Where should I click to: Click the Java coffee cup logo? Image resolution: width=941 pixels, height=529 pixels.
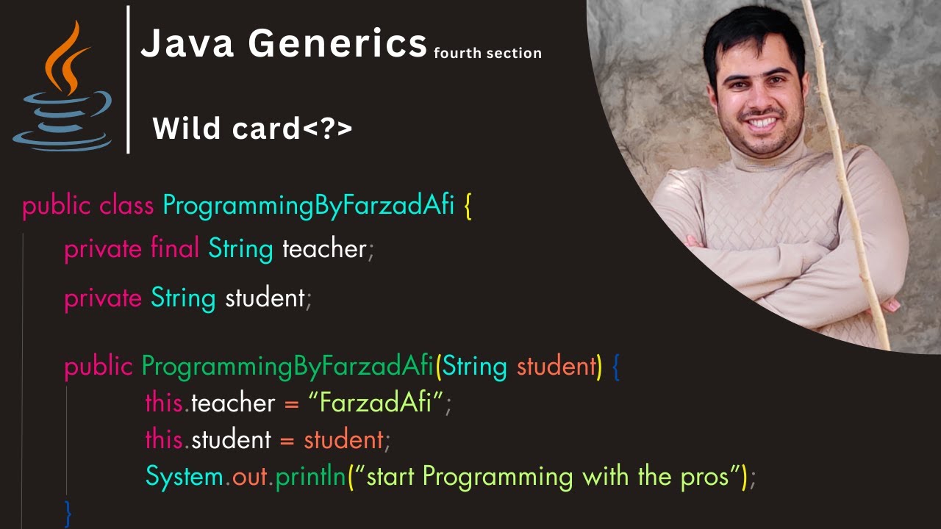62,88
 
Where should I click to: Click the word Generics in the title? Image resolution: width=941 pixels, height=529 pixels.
337,44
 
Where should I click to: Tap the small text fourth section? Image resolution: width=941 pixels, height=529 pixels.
487,53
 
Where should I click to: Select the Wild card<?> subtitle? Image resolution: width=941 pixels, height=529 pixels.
252,129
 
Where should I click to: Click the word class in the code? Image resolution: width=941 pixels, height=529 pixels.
127,206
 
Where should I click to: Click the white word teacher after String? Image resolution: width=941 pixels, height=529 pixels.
324,248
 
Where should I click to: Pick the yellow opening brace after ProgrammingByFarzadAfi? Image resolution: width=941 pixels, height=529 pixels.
468,206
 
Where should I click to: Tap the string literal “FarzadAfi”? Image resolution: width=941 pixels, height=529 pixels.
376,403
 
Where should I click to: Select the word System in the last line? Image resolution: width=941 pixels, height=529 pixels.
184,476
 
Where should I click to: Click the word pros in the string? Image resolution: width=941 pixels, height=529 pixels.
703,476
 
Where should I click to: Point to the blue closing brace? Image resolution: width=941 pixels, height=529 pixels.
68,512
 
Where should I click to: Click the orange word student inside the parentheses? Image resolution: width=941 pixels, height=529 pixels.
558,365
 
